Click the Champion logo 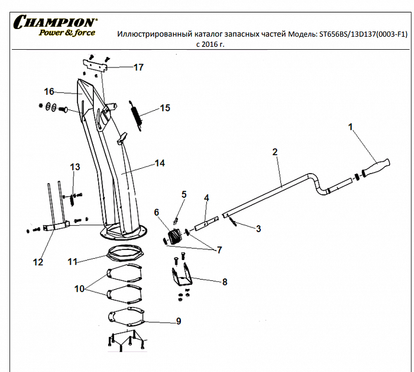click(x=56, y=25)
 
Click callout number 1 click(x=351, y=127)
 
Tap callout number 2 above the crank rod click(x=275, y=152)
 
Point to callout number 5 click(x=184, y=194)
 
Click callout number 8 click(x=225, y=283)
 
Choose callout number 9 click(x=178, y=322)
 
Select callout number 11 click(x=72, y=261)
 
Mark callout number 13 click(x=75, y=167)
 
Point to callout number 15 click(x=165, y=108)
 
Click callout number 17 click(x=138, y=68)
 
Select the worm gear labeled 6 click(x=174, y=236)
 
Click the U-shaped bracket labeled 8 click(x=183, y=276)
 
